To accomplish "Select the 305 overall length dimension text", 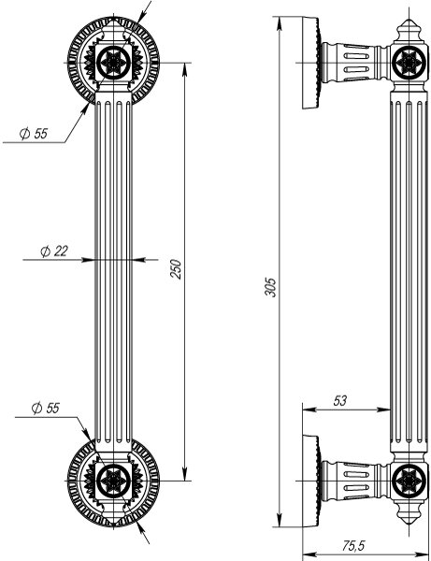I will tap(271, 286).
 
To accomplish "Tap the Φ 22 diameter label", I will tap(54, 251).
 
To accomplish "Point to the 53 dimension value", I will tap(339, 400).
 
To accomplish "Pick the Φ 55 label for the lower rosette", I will tap(44, 408).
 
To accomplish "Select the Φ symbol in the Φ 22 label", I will tap(45, 251).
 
